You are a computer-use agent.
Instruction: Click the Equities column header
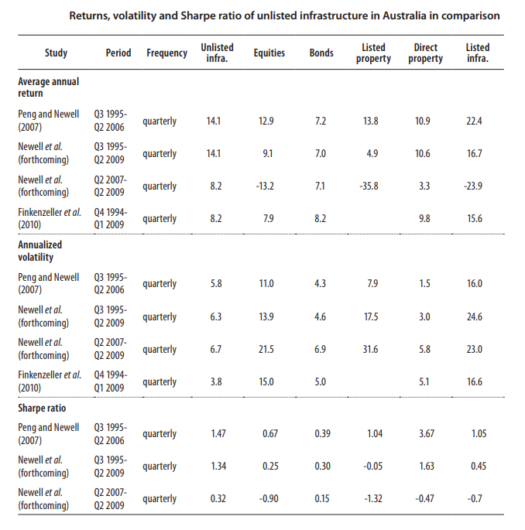269,53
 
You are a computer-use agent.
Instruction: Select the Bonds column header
321,53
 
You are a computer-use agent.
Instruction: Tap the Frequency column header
166,53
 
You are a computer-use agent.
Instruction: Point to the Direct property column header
425,53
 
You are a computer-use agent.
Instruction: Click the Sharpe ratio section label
43,407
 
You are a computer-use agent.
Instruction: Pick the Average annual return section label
48,87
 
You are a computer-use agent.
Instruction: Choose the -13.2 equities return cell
266,186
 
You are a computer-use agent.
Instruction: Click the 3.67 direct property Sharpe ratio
425,434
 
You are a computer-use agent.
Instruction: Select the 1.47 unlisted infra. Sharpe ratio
218,434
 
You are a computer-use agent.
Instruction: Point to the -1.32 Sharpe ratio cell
372,499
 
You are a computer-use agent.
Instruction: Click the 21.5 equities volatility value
266,350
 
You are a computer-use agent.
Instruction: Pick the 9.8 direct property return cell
424,219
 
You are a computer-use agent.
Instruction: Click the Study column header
56,53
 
